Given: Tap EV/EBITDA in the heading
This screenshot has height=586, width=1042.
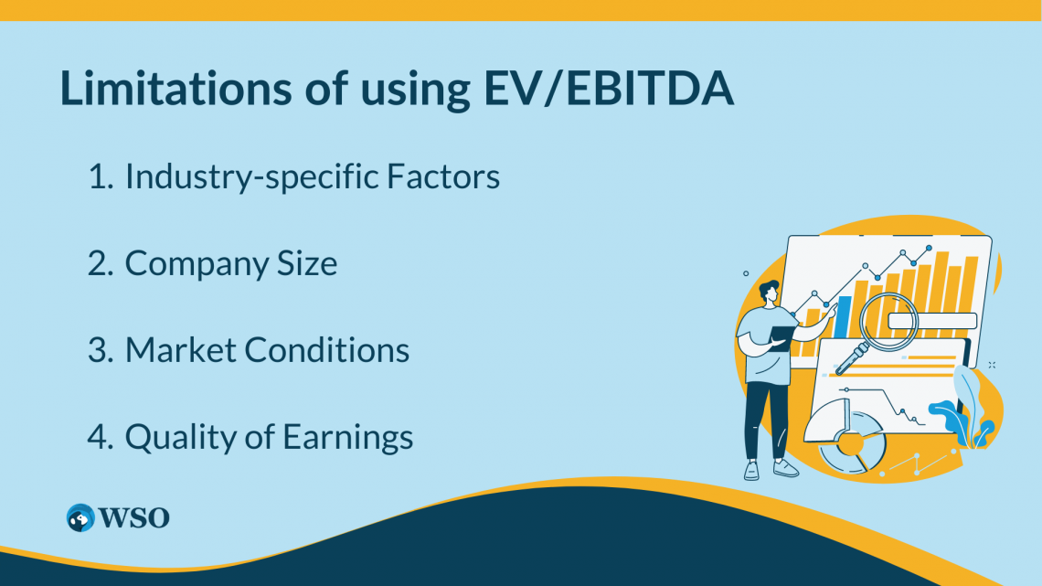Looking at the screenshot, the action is pos(609,88).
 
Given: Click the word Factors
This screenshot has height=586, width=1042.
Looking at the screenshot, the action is pos(443,176).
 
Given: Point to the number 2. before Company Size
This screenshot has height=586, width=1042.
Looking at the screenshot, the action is pos(101,263).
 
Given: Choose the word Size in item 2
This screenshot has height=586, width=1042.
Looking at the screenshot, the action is pos(308,263).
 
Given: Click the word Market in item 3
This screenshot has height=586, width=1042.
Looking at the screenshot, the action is pos(179,350).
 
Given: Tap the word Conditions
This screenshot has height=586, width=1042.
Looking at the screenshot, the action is pos(327,350).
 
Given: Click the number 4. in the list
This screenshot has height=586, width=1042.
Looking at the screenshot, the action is pos(101,437).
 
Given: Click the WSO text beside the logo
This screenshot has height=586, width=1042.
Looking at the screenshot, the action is pos(134,517).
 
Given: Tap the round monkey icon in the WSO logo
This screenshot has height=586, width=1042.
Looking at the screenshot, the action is pos(80,517).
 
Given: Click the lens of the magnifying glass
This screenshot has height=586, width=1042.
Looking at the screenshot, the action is pos(888,322).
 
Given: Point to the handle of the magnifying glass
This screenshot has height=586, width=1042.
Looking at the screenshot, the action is pos(851,358).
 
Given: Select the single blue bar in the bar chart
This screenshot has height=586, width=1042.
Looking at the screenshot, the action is pos(843,316).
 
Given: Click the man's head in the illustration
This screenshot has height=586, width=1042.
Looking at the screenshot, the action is pos(770,293).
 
